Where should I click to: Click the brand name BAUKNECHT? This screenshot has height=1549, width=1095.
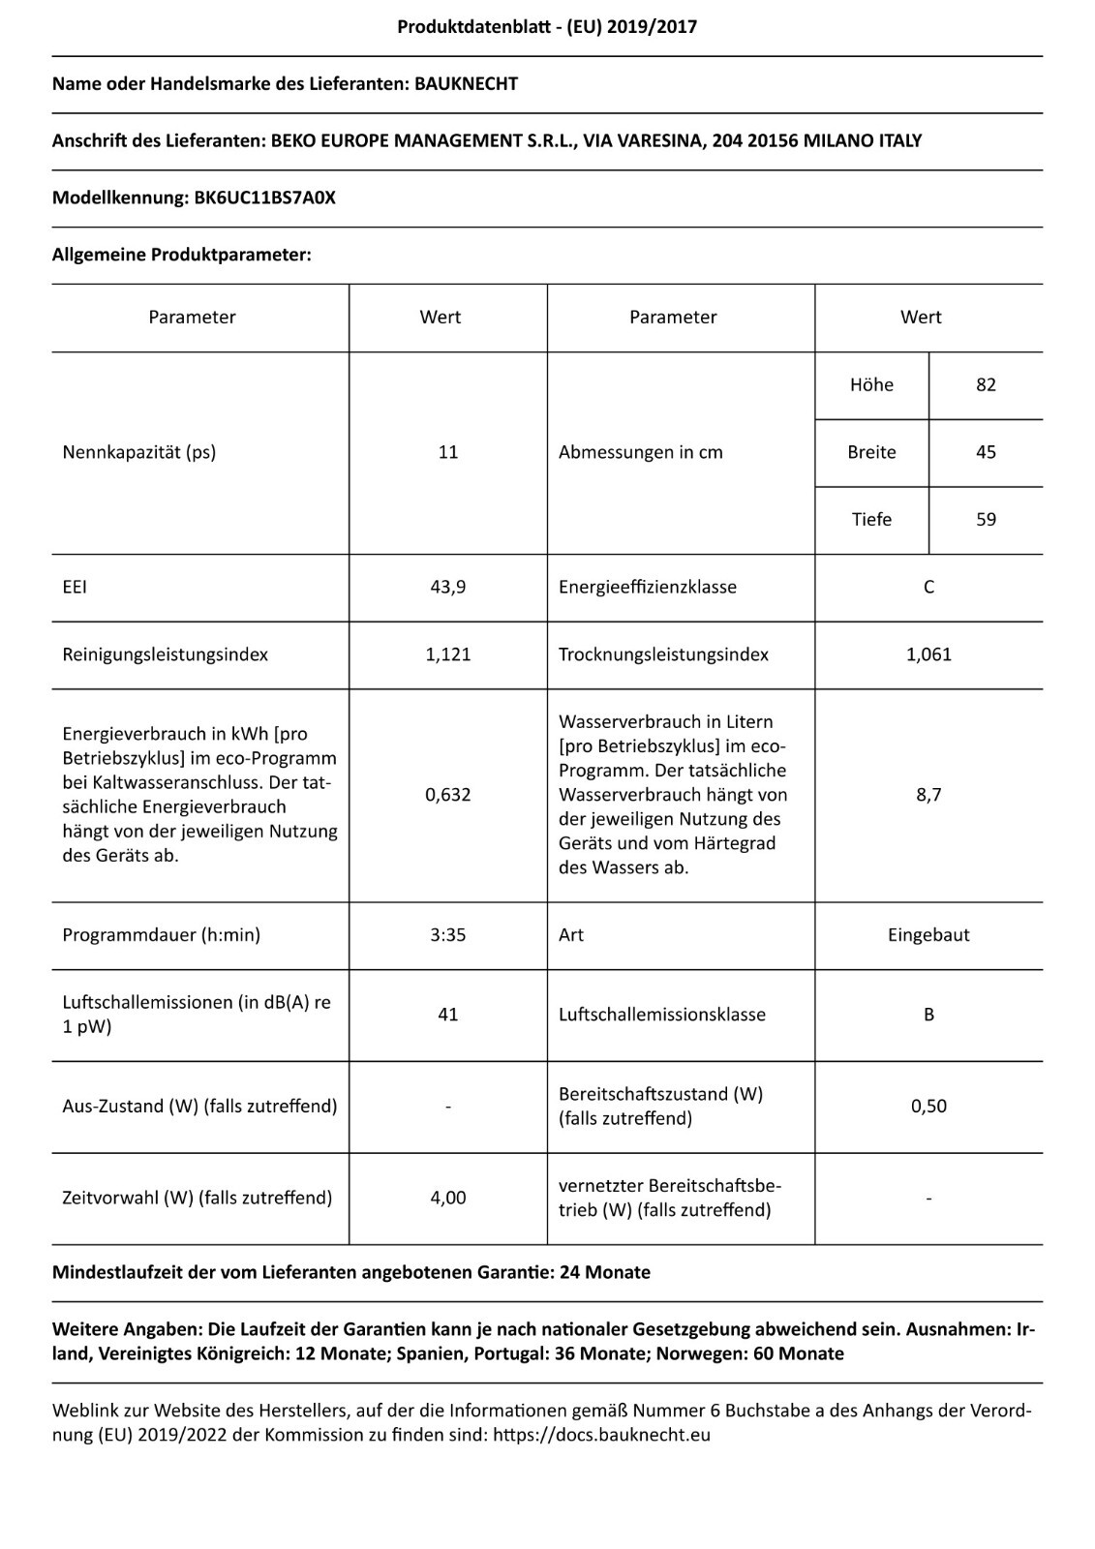click(x=466, y=84)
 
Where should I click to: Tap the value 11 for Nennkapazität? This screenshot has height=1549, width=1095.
click(x=448, y=452)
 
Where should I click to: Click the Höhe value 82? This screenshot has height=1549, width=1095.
click(x=986, y=384)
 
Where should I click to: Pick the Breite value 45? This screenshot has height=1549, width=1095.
click(x=986, y=452)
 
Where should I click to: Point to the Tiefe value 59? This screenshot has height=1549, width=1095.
click(x=986, y=519)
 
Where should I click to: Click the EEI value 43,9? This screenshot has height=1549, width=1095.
click(x=448, y=587)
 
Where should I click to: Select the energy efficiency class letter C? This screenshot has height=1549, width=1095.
click(x=928, y=587)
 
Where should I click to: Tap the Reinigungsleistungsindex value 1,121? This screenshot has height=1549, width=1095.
click(x=448, y=654)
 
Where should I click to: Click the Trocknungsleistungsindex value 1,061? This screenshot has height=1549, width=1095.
click(x=928, y=654)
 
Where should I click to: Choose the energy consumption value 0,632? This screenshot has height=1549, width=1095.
click(x=448, y=795)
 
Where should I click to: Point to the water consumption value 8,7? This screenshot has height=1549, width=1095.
click(x=928, y=795)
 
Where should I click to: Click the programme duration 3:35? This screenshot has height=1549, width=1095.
click(x=448, y=935)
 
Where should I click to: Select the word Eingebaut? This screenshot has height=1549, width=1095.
click(x=928, y=935)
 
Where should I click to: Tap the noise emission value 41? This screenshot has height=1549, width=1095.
click(x=448, y=1015)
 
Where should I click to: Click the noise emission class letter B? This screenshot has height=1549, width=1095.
click(x=928, y=1015)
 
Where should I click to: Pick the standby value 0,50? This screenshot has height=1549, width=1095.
click(x=928, y=1107)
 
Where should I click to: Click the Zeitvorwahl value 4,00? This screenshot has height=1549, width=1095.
click(x=448, y=1198)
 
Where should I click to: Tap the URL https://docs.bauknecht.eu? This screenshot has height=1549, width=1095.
click(x=601, y=1435)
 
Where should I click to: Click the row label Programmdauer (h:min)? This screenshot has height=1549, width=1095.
click(x=162, y=935)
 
